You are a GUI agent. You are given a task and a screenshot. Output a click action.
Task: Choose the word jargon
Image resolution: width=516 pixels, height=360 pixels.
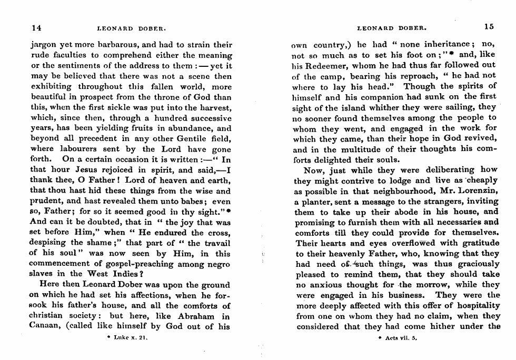[43, 45]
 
